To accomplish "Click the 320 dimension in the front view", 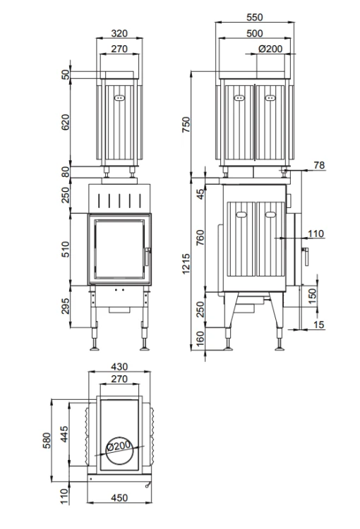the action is click(x=119, y=33).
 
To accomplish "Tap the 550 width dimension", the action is click(x=255, y=17).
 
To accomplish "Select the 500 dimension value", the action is click(x=255, y=33).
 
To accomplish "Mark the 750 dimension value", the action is click(x=186, y=124).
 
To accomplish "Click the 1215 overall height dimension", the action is click(x=186, y=264).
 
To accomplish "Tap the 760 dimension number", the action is click(x=200, y=237).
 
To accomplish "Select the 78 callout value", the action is click(x=319, y=165).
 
